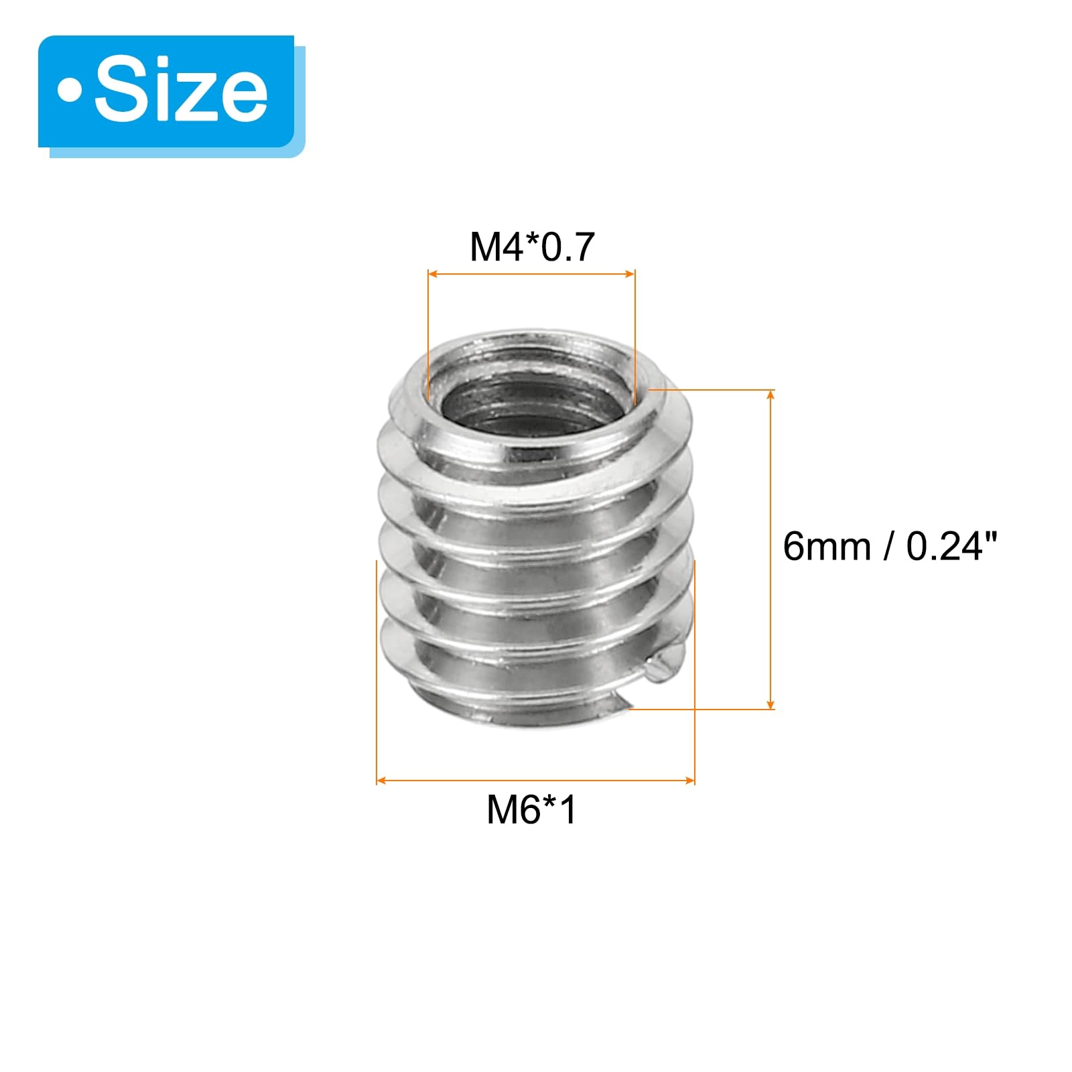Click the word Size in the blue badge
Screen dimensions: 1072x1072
(181, 91)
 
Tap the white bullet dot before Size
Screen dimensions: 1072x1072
(69, 91)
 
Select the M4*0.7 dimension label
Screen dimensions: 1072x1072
(532, 247)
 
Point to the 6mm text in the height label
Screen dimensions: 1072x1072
(827, 546)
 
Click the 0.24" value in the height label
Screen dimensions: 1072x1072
(952, 546)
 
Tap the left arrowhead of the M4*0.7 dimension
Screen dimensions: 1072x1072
(433, 273)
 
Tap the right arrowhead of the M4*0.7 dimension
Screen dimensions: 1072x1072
(630, 273)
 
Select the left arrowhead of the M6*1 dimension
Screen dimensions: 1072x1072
(382, 781)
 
